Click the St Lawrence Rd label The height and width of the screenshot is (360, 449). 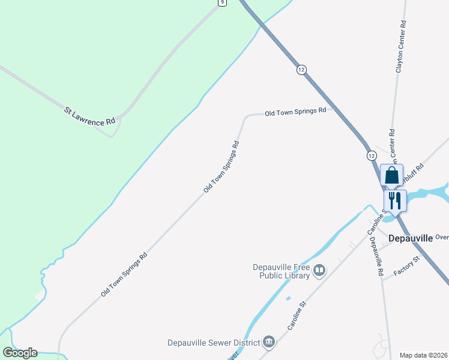[x=90, y=115]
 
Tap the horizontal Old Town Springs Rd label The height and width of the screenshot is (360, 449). [x=295, y=112]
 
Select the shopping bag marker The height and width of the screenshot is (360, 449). [x=391, y=176]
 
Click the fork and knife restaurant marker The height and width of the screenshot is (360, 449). [x=394, y=200]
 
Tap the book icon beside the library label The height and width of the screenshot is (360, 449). [x=320, y=272]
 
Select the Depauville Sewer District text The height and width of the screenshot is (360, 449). [x=214, y=343]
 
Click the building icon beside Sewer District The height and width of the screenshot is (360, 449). [x=270, y=342]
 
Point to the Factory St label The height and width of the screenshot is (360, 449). [x=408, y=265]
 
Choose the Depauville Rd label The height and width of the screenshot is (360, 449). [x=377, y=256]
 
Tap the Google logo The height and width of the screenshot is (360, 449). [x=20, y=353]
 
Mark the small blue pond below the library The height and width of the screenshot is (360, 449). [x=288, y=298]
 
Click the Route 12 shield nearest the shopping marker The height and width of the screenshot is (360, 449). [x=372, y=155]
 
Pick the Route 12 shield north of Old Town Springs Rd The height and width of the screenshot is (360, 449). [x=301, y=70]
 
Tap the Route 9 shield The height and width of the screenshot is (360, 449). [x=223, y=2]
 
